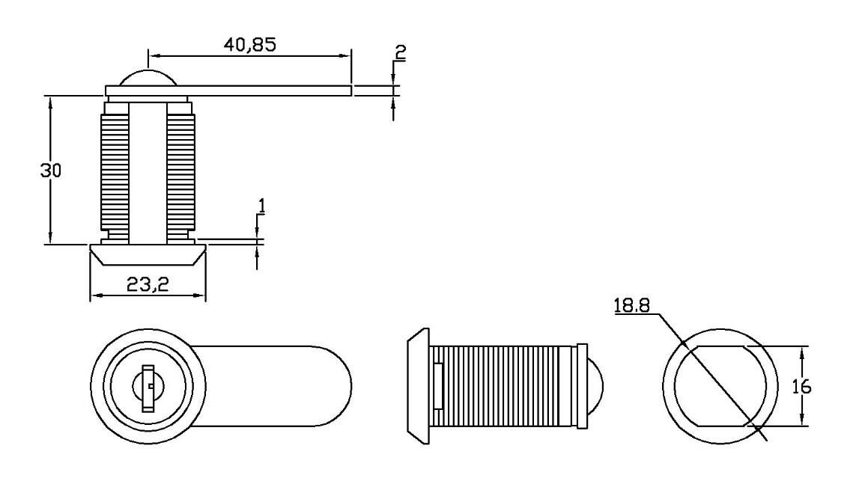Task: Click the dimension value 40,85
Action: tap(249, 44)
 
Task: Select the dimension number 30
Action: tap(50, 171)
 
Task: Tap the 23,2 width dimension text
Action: tap(148, 284)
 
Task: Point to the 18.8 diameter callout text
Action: tap(632, 305)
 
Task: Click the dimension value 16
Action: tap(801, 387)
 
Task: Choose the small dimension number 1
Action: tap(262, 206)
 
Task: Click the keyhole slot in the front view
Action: tap(148, 388)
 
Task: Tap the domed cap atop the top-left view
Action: tap(148, 78)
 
